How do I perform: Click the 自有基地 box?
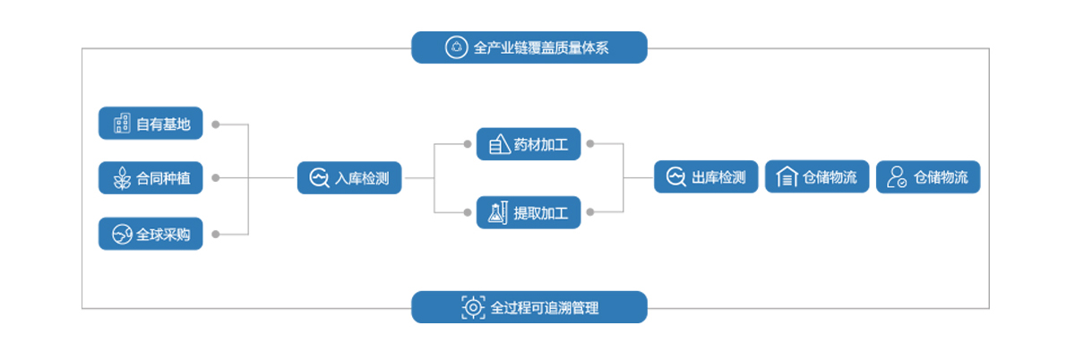click(150, 124)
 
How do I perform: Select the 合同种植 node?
click(150, 178)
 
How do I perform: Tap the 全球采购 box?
click(150, 235)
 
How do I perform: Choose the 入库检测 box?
click(349, 178)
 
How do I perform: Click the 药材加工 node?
click(529, 143)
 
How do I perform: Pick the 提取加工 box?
click(529, 212)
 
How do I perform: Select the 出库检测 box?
click(707, 177)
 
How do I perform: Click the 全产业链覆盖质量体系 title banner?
click(529, 47)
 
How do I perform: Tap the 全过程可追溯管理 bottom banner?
click(529, 307)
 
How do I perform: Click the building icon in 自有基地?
click(121, 124)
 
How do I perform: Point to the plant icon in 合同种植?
click(121, 178)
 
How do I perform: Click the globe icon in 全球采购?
click(121, 235)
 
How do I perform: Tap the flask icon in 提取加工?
click(498, 212)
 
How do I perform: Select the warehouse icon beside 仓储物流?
click(787, 177)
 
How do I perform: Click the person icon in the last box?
click(896, 177)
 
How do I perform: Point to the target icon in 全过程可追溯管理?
click(472, 307)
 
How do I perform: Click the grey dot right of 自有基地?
click(216, 124)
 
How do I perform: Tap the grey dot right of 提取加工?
click(591, 212)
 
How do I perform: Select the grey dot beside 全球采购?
click(216, 235)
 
